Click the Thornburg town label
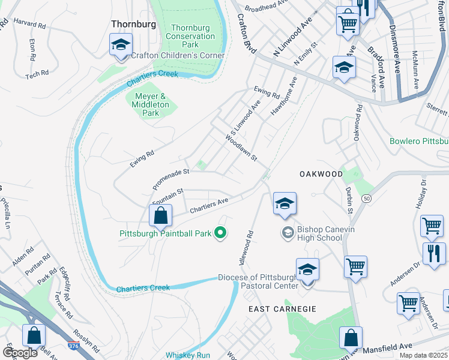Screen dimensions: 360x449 click(x=133, y=24)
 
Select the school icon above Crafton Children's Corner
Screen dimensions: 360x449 click(x=121, y=45)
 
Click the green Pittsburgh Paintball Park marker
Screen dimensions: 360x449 click(x=220, y=233)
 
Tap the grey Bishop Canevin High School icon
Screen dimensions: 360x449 click(x=289, y=232)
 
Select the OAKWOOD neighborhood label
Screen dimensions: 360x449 click(x=321, y=174)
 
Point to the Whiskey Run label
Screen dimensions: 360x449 click(x=188, y=355)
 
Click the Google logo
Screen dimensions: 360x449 click(x=20, y=352)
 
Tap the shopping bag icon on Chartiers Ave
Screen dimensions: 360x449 click(x=161, y=216)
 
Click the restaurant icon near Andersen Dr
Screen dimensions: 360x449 click(x=433, y=253)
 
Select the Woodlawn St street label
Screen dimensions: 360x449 click(x=241, y=148)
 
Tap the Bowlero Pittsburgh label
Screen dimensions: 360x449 click(x=419, y=142)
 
